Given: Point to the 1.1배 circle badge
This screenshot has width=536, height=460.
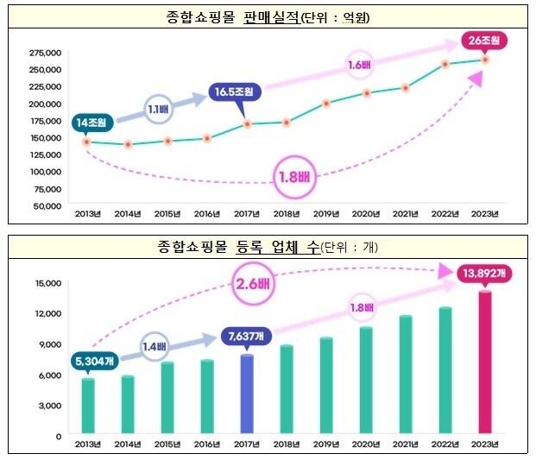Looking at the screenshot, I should click(156, 109).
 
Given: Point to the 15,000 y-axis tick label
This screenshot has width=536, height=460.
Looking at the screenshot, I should click(47, 283).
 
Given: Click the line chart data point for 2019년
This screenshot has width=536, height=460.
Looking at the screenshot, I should click(326, 104).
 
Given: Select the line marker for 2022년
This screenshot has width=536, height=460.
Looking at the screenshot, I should click(445, 64).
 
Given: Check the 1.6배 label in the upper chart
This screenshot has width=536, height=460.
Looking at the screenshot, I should click(358, 64).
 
